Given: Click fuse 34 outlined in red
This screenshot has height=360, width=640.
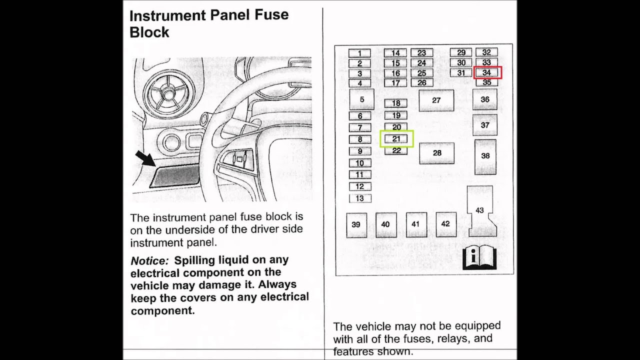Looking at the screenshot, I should click(487, 73).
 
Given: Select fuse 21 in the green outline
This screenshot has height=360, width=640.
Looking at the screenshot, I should click(396, 139).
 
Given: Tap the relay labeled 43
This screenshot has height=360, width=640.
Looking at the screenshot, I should click(480, 210).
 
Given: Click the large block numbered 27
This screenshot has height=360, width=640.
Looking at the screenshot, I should click(436, 100).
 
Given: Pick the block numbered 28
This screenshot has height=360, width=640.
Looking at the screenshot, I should click(437, 153).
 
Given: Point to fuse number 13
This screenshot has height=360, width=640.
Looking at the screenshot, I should click(360, 198).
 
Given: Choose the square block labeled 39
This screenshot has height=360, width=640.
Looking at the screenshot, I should click(356, 224).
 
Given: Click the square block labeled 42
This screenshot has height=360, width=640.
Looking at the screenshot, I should click(445, 224).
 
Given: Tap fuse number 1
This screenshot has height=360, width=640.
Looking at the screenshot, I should click(359, 53).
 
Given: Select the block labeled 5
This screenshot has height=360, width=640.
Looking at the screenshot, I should click(362, 99).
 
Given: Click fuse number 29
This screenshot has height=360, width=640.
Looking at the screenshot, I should click(461, 52).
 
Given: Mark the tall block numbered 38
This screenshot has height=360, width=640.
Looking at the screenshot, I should click(485, 156).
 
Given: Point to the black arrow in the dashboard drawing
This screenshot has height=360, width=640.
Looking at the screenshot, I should click(145, 158).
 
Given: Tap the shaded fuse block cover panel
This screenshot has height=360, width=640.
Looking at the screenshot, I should click(175, 175).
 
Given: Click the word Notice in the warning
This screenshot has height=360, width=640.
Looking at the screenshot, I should click(149, 260).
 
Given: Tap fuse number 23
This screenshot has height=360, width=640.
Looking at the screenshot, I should click(421, 53).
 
